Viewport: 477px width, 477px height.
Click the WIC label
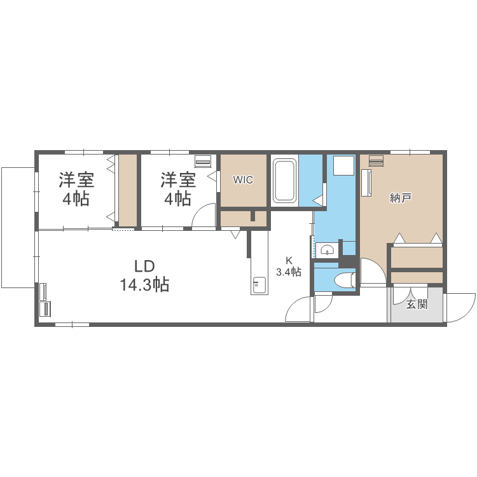coord(243,180)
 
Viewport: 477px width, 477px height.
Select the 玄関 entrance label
coord(417,304)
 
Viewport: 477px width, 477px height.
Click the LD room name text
coord(144,266)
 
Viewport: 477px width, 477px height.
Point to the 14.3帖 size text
coord(144,285)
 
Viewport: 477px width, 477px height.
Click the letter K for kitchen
coord(288,260)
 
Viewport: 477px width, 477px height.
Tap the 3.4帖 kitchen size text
coord(288,272)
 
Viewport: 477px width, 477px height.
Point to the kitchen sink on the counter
coord(259,285)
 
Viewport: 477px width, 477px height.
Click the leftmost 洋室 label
coord(76,180)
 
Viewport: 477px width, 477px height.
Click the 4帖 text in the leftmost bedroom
coord(76,198)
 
